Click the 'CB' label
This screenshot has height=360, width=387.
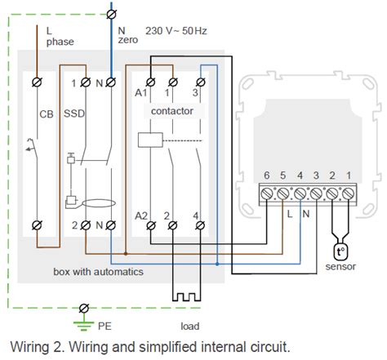pyautogui.click(x=47, y=114)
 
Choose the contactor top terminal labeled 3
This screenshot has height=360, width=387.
pyautogui.click(x=196, y=82)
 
